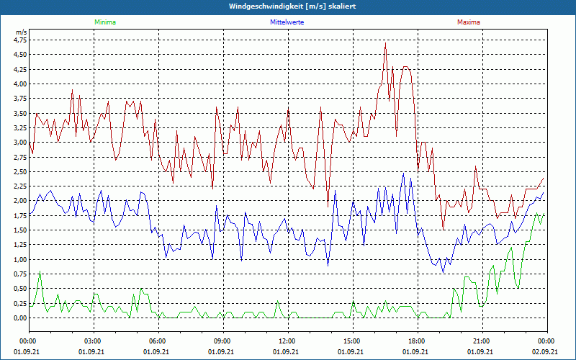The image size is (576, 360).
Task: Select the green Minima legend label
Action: click(x=104, y=22)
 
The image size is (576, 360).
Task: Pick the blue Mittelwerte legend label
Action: click(x=287, y=22)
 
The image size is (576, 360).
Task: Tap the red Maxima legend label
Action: click(x=469, y=22)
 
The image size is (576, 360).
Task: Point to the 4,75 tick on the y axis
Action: click(x=19, y=40)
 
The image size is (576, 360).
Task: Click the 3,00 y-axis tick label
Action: click(x=19, y=143)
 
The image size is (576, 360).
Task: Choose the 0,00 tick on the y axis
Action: click(x=19, y=318)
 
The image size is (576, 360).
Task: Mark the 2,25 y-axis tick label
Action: click(x=19, y=186)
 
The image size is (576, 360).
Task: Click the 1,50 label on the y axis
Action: click(x=19, y=230)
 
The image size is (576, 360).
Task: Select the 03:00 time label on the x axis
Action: click(x=93, y=341)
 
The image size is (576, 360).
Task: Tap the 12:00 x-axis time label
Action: click(x=287, y=341)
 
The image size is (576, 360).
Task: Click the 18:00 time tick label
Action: click(x=416, y=341)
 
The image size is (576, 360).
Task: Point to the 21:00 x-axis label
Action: click(x=481, y=341)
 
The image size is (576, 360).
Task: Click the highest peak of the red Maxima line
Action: click(x=386, y=44)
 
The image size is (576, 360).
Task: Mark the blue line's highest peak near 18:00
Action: click(x=403, y=174)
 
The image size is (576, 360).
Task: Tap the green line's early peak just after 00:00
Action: click(x=40, y=272)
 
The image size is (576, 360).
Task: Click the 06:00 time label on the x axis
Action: click(x=158, y=341)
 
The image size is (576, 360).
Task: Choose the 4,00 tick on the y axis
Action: click(x=19, y=84)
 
